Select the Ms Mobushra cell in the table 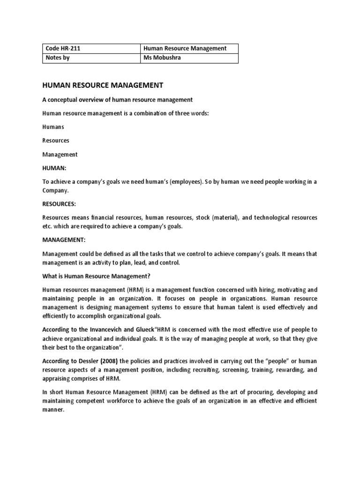163,58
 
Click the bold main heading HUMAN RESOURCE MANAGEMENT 103,85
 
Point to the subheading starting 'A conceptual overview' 117,99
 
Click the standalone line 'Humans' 53,127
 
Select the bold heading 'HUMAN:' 54,168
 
